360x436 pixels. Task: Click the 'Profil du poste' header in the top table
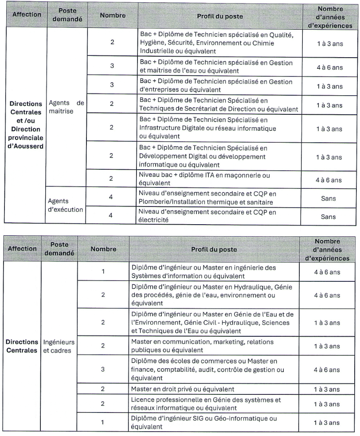[220, 16]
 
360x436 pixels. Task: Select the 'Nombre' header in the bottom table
[103, 249]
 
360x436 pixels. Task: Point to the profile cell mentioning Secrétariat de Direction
[219, 105]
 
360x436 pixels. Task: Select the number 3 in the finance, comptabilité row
[103, 369]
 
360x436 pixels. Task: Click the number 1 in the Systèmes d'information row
[103, 271]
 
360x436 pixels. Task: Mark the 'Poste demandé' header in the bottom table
[59, 249]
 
